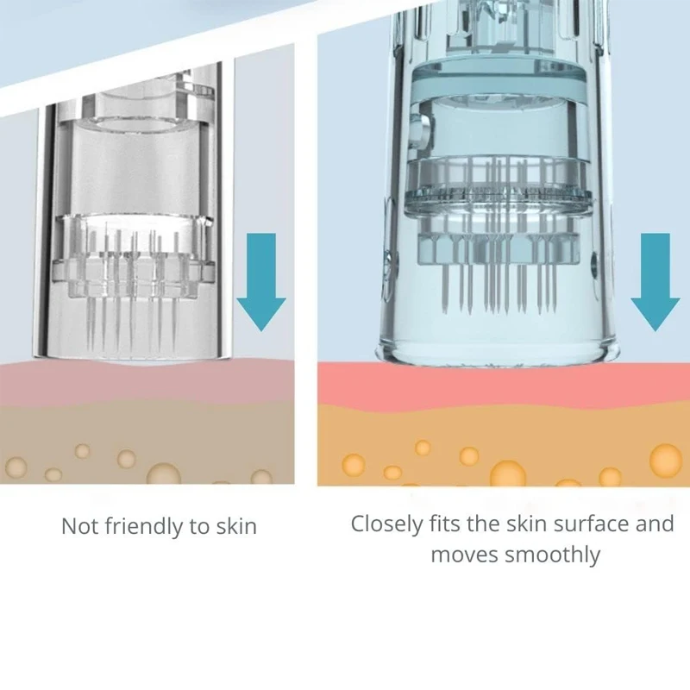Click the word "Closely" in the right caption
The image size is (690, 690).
coord(385,524)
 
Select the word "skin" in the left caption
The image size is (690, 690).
coord(234,526)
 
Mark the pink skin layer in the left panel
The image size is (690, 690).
coord(147,379)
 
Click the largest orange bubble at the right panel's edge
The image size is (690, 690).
coord(665,460)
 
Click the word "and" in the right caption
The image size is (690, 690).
coord(655,524)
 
